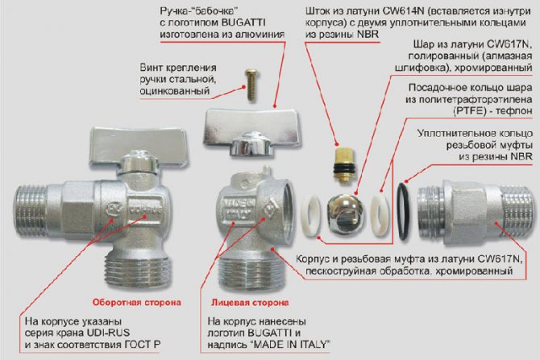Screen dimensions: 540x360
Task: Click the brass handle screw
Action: coord(251,85)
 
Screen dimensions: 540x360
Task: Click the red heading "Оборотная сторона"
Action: coord(137,303)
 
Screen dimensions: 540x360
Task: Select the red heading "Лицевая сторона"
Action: coord(250,303)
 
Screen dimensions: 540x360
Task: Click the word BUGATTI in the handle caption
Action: coord(243,23)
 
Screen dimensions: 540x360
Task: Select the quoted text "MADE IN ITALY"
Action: coord(289,344)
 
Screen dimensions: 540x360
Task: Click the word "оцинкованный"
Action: coord(175,91)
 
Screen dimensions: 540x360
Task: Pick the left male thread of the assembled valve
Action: coord(31,211)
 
